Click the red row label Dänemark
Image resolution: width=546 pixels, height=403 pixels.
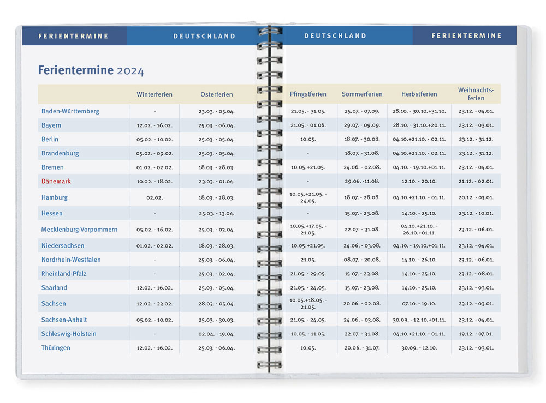(x=56, y=181)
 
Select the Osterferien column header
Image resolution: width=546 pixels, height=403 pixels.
(x=217, y=94)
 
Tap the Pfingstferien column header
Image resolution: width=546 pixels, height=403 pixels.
(x=308, y=94)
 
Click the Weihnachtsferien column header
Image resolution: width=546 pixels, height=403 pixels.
(x=476, y=94)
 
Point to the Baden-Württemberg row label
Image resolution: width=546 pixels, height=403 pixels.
(x=70, y=111)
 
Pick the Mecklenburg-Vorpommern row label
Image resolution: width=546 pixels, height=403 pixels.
(x=79, y=230)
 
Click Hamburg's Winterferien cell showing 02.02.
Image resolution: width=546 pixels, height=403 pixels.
(x=155, y=197)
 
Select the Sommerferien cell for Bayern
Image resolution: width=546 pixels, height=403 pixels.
(x=362, y=125)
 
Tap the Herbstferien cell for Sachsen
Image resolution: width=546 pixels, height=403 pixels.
(x=419, y=304)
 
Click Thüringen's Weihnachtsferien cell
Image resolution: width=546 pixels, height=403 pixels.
(x=476, y=348)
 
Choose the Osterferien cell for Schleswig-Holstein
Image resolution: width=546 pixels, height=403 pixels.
(x=217, y=334)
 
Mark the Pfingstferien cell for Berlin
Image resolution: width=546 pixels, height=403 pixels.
(x=308, y=139)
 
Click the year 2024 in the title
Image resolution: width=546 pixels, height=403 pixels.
(x=130, y=71)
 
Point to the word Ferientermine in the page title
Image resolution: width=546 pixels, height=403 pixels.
(x=76, y=70)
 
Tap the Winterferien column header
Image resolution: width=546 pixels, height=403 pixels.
(x=155, y=94)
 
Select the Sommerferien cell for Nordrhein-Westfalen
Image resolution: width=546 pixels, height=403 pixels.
(x=362, y=260)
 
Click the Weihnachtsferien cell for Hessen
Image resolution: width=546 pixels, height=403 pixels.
(x=476, y=213)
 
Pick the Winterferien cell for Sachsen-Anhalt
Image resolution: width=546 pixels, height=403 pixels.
(x=155, y=320)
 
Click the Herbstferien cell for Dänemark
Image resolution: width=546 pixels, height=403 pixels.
(x=419, y=181)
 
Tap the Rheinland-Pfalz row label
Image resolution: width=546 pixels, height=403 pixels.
(x=64, y=274)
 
